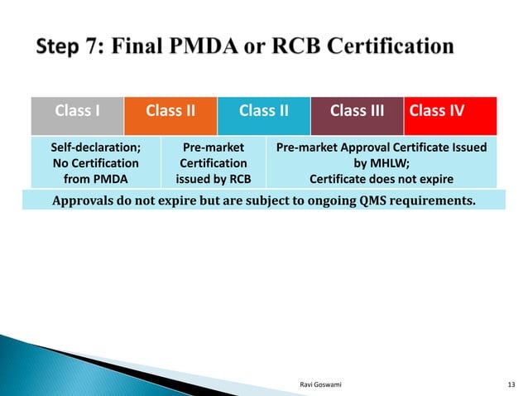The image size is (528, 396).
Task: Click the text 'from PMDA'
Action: tap(95, 178)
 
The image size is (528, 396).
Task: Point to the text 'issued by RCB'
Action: tap(214, 178)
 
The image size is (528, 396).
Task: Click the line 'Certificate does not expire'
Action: tap(382, 178)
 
